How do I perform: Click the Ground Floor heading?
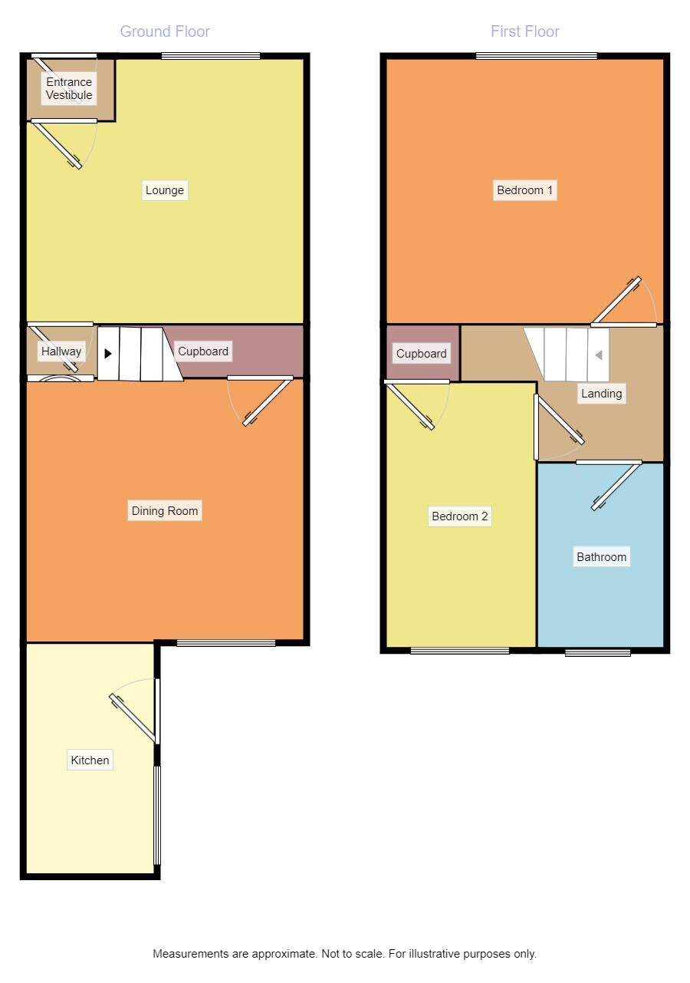(x=165, y=31)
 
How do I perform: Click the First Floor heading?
(x=524, y=31)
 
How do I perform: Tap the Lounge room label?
(x=164, y=190)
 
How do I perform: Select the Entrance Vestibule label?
(x=69, y=88)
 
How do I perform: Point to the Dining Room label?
(x=164, y=510)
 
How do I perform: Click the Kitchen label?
(x=90, y=760)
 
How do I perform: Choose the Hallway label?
(x=61, y=351)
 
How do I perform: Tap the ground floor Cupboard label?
(x=203, y=351)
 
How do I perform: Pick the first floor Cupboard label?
(x=421, y=353)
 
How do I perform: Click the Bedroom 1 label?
(x=524, y=190)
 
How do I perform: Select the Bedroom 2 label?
(x=459, y=516)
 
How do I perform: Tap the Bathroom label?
(x=601, y=556)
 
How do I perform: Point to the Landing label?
(x=601, y=393)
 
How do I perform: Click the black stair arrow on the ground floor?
(x=108, y=353)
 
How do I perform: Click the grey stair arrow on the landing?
(x=599, y=355)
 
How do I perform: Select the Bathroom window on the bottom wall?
(x=597, y=652)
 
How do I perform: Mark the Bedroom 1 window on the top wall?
(x=537, y=56)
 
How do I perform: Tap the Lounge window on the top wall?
(x=211, y=56)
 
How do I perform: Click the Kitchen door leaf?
(x=133, y=718)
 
